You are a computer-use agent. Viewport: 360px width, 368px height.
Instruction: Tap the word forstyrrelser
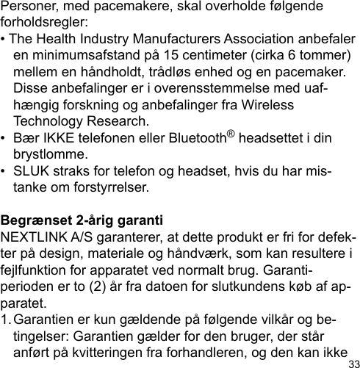click(x=105, y=188)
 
